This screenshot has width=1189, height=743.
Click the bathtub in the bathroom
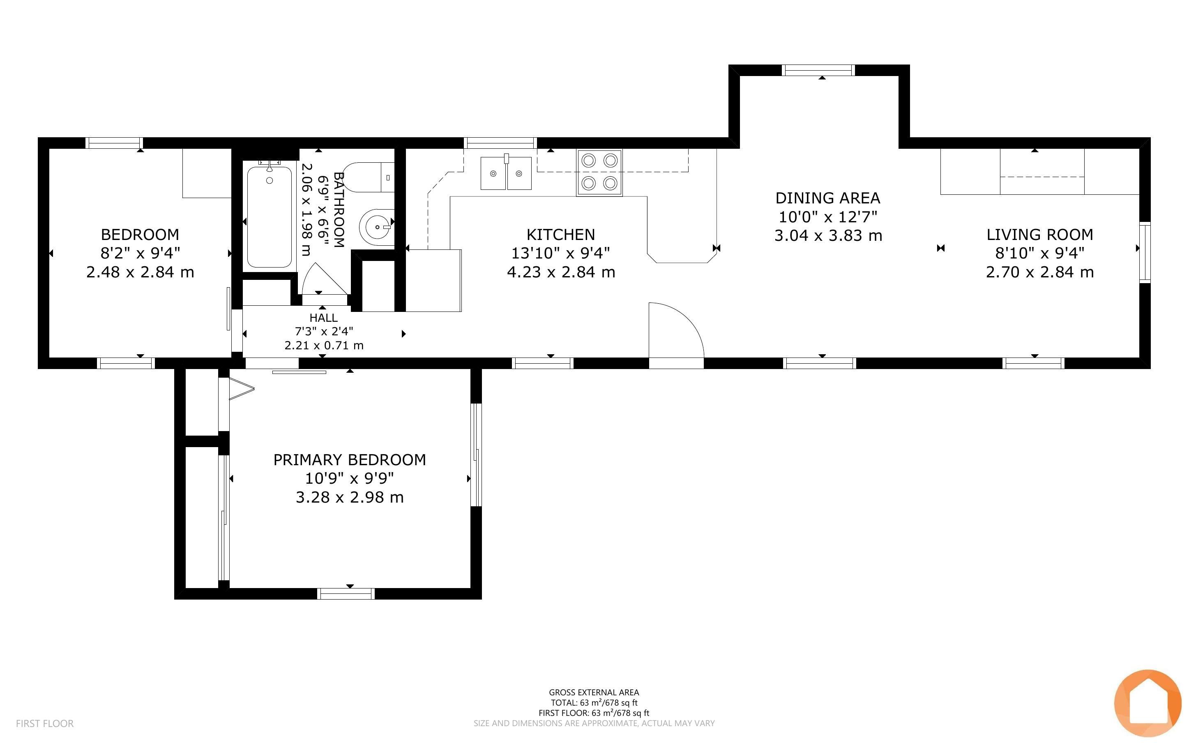click(269, 217)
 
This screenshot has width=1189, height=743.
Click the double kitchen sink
click(506, 173)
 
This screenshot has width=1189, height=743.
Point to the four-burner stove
click(599, 173)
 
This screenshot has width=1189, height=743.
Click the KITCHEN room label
click(560, 234)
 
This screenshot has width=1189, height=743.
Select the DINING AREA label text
click(827, 198)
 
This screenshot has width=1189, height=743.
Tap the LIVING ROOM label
click(1040, 234)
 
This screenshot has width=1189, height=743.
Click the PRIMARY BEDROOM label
click(350, 459)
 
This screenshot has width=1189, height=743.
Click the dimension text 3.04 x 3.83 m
click(828, 235)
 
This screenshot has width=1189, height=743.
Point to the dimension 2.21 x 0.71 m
click(324, 346)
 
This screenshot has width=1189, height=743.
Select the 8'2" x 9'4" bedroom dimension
click(141, 253)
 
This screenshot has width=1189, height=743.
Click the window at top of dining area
click(818, 70)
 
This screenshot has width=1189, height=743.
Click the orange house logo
click(1148, 703)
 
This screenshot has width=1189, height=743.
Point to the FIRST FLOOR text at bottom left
click(45, 723)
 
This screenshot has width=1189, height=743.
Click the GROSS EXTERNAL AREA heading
click(594, 692)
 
